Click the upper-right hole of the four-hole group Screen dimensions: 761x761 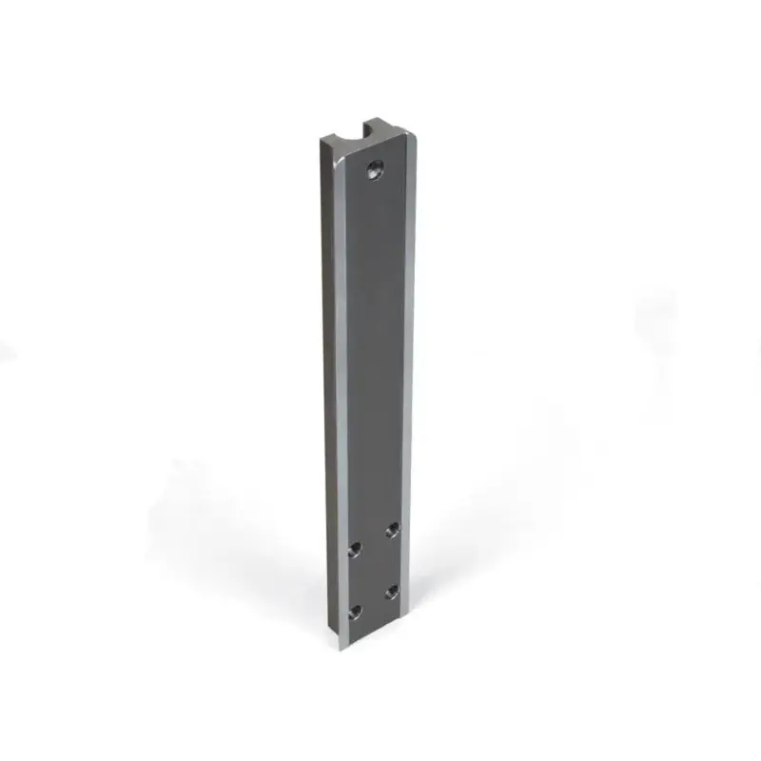point(392,529)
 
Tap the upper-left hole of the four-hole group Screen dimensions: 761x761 point(356,550)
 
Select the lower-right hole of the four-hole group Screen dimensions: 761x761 point(392,592)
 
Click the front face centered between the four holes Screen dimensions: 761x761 point(374,571)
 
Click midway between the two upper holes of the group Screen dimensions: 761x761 point(374,539)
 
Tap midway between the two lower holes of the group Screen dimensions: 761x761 point(374,602)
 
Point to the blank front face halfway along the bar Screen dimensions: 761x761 point(374,380)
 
